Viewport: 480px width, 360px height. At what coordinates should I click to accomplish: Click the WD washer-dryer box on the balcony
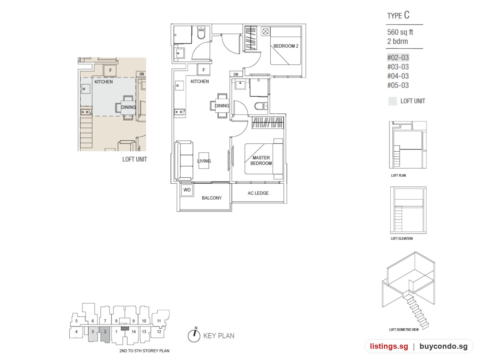tap(187, 190)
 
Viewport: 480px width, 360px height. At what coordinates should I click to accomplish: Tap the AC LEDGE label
tap(258, 193)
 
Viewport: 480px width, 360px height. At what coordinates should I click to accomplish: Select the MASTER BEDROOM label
tap(261, 160)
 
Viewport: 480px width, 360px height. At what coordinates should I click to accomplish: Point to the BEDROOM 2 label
tap(286, 46)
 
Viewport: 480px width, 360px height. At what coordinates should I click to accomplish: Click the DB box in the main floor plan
tap(236, 74)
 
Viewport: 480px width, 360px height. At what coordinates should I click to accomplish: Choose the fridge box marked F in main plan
tap(204, 70)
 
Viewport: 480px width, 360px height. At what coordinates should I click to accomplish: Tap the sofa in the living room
tap(184, 160)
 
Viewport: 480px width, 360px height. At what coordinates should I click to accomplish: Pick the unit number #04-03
tap(398, 76)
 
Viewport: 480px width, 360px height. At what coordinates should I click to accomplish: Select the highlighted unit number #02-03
tap(398, 58)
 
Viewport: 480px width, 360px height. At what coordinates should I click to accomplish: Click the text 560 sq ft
tap(400, 32)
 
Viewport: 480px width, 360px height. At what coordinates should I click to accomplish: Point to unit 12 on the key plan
tap(159, 332)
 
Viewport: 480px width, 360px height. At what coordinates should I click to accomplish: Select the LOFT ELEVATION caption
tap(402, 238)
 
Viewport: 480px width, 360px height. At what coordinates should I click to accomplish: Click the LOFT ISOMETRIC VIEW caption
tap(404, 329)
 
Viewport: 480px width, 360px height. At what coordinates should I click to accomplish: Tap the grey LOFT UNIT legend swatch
tap(393, 101)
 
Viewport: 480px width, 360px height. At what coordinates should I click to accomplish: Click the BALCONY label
tap(212, 198)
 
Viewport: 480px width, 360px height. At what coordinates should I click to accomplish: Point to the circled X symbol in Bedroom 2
tap(266, 31)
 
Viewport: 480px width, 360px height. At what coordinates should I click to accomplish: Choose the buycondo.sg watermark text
tap(444, 346)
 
